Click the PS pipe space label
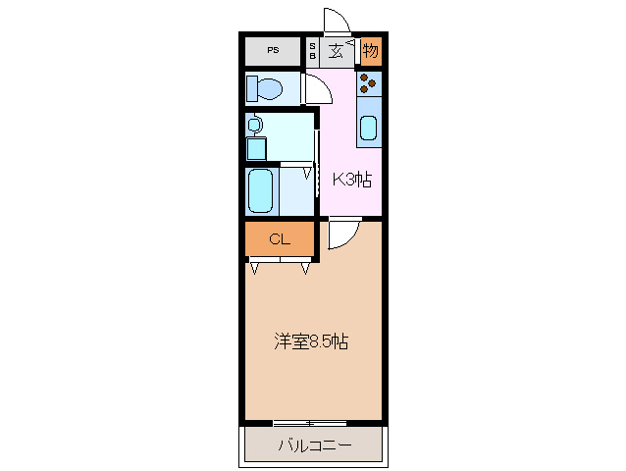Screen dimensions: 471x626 point(272,50)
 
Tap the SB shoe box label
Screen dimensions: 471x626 point(313,51)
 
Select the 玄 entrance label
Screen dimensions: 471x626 point(337,51)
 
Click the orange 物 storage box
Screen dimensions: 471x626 point(370,50)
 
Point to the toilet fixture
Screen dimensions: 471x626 point(264,89)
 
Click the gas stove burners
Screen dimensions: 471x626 point(369,83)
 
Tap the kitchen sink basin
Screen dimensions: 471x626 point(369,128)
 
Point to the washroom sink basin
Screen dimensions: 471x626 point(255,126)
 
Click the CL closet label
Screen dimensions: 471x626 point(279,238)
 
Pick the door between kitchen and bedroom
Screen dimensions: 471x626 point(342,235)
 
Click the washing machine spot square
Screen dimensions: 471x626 point(256,147)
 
